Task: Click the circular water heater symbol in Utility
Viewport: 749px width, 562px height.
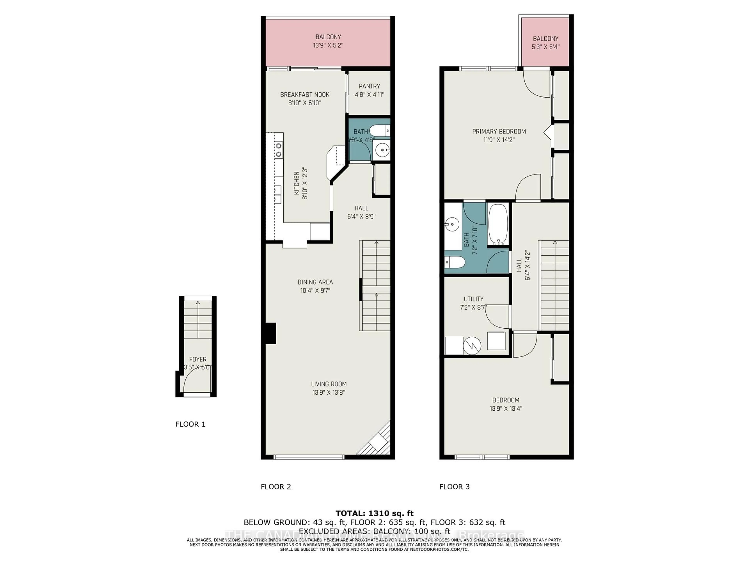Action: point(472,346)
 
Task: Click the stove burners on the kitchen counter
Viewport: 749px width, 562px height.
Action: point(279,150)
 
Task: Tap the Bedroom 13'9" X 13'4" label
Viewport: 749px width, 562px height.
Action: point(506,400)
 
